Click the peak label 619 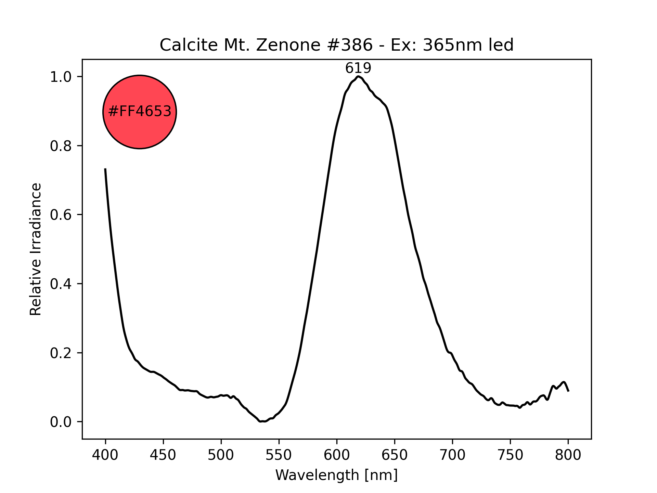click(358, 68)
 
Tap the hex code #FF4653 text click(140, 112)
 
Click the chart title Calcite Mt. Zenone click(336, 45)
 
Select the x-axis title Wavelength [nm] click(336, 475)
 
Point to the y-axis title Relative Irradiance click(36, 249)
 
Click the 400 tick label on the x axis click(105, 455)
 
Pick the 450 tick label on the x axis click(163, 455)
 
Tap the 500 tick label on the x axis click(221, 455)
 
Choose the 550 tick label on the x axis click(279, 455)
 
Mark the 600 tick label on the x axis click(337, 455)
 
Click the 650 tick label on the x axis click(395, 455)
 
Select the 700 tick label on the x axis click(452, 455)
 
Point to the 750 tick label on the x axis click(510, 455)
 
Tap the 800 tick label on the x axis click(568, 455)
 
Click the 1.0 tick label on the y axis click(61, 77)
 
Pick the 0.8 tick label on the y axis click(61, 146)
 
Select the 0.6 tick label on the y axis click(61, 215)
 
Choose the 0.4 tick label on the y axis click(61, 284)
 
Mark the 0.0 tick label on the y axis click(61, 422)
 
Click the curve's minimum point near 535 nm click(261, 421)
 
